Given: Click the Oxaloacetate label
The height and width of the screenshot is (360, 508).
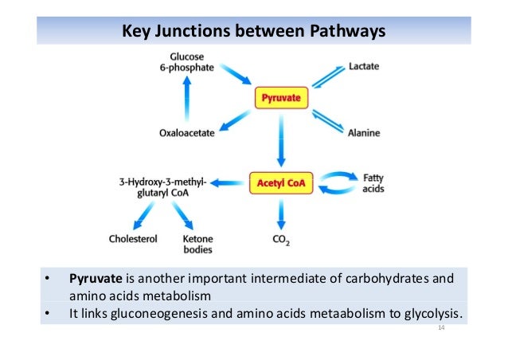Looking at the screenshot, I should coord(186,133).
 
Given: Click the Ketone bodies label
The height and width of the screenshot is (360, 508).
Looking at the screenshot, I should coord(197,243).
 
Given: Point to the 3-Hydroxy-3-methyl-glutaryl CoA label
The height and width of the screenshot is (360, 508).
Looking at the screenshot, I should coord(159,186).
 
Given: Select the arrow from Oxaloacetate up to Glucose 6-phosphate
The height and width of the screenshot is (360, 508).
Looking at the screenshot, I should coord(187,100).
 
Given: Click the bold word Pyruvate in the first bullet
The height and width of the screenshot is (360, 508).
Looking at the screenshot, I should coord(96,279).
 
